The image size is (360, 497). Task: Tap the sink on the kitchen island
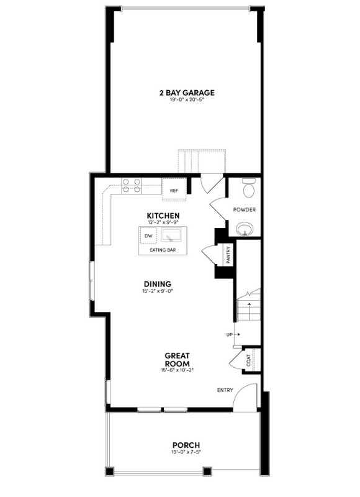pos(171,236)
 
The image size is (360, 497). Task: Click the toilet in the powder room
pos(249,188)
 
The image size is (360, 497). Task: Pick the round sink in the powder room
pos(246,229)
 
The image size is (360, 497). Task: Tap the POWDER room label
pos(245,210)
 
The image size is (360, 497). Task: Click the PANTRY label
pos(228,255)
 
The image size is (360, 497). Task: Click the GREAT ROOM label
pos(177,360)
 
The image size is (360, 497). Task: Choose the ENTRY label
pos(225,390)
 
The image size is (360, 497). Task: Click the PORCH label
pos(186,445)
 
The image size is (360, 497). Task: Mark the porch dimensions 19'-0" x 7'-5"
pos(186,452)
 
